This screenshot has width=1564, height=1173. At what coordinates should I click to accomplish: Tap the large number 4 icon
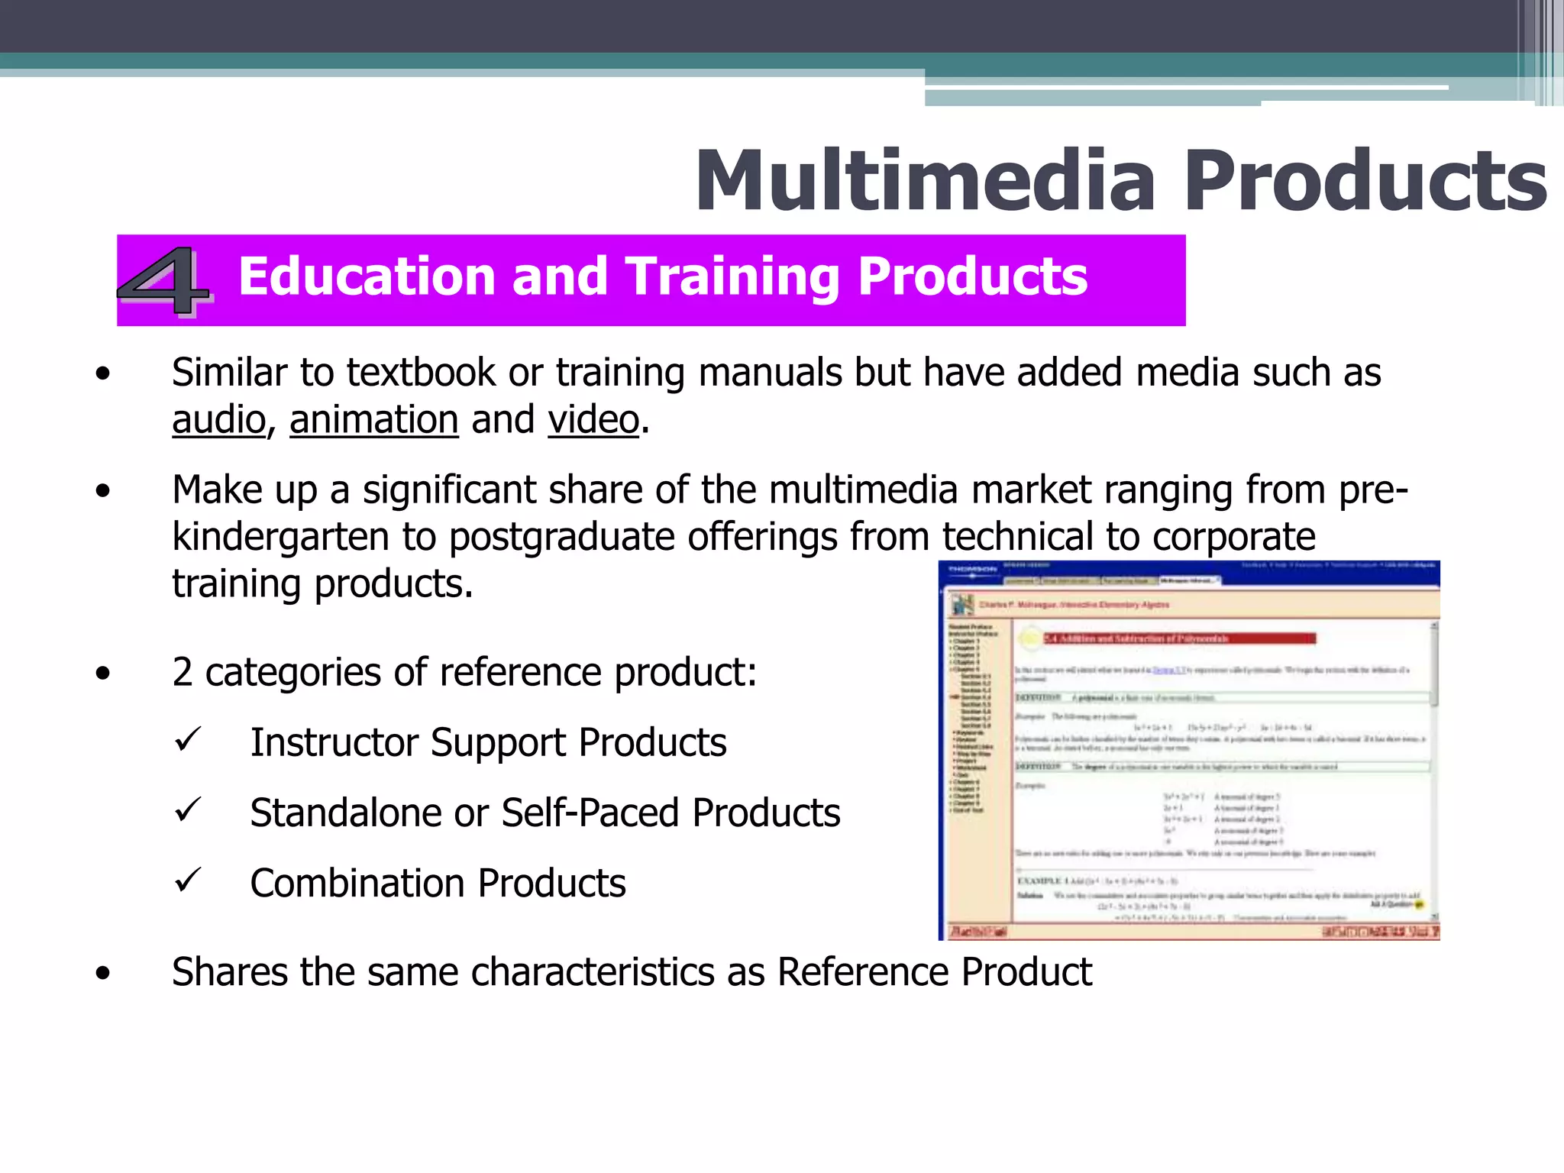click(163, 280)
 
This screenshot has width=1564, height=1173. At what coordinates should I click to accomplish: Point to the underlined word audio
click(218, 420)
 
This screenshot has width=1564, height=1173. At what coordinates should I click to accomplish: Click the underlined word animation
click(373, 420)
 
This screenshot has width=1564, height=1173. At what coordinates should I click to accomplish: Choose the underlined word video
click(593, 420)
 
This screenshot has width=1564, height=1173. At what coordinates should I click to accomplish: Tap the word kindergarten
click(280, 537)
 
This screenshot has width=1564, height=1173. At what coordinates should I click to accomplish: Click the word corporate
click(1234, 537)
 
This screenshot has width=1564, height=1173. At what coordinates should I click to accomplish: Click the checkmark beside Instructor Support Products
click(187, 739)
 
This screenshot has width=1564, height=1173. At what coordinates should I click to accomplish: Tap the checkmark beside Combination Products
click(187, 880)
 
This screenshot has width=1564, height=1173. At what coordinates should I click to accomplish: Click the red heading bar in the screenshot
click(1180, 638)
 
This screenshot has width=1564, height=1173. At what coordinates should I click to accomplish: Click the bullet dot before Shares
click(103, 974)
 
